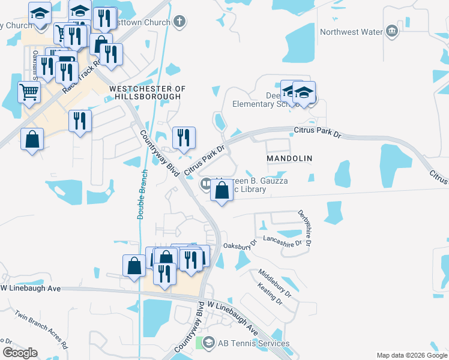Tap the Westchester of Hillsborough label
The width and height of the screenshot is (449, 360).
[148, 92]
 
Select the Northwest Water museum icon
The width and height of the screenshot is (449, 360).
[392, 31]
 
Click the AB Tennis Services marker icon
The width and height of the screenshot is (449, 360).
[208, 343]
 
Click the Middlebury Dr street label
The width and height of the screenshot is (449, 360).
[275, 284]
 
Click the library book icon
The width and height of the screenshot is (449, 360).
[206, 183]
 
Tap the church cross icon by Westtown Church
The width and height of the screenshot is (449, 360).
[178, 22]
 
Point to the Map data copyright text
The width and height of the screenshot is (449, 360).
[412, 355]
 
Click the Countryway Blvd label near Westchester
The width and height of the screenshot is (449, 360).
[160, 152]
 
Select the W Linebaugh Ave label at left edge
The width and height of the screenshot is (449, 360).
[31, 289]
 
